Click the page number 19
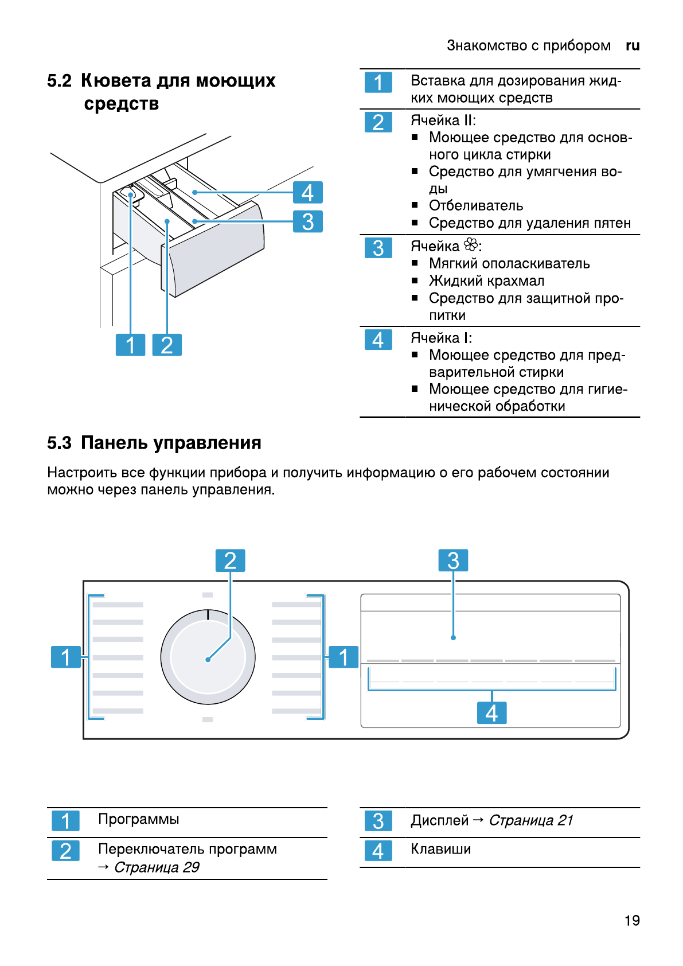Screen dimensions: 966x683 click(x=632, y=921)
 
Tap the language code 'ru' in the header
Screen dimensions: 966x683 click(x=633, y=46)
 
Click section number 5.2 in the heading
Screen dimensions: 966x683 click(x=60, y=81)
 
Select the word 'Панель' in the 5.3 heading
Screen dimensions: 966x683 click(x=112, y=443)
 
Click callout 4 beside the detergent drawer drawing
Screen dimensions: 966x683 click(x=308, y=193)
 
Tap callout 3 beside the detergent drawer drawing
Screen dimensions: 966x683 click(x=308, y=221)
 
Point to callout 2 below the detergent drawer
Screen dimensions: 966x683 click(x=167, y=345)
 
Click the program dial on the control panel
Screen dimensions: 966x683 click(x=208, y=657)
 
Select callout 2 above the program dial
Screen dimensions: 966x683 click(x=230, y=560)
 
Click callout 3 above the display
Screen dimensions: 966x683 click(x=453, y=560)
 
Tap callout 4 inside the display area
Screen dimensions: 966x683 click(x=491, y=713)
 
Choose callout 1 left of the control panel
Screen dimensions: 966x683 click(x=66, y=657)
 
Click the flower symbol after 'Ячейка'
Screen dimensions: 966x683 click(x=471, y=246)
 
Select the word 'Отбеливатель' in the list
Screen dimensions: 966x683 click(x=476, y=206)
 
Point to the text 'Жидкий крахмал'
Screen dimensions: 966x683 click(x=486, y=281)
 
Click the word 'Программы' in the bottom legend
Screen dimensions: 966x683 click(x=139, y=819)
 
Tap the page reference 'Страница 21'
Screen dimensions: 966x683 click(x=531, y=821)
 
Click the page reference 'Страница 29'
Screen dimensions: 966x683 click(x=157, y=867)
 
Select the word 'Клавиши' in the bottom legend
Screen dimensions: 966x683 click(x=440, y=850)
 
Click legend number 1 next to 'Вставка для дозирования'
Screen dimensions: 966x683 click(x=378, y=83)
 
